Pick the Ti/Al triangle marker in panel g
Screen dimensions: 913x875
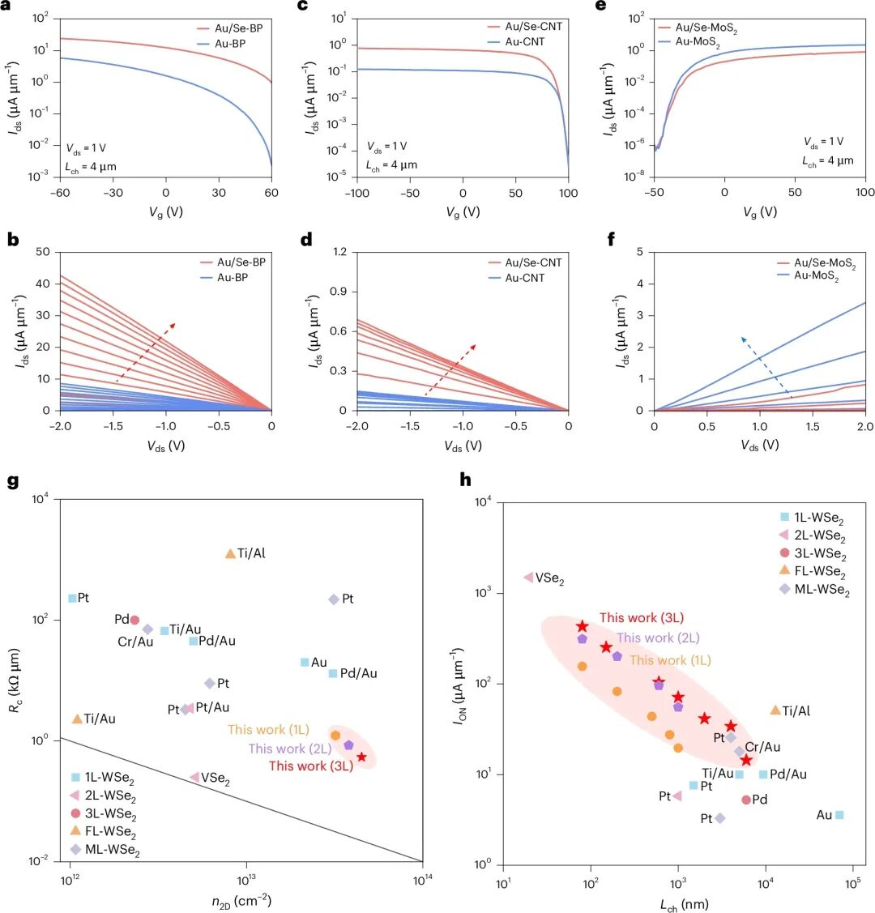pos(230,554)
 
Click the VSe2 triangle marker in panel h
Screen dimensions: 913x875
pos(528,578)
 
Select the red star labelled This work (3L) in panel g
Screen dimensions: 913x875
pos(361,757)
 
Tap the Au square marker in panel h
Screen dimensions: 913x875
pos(839,814)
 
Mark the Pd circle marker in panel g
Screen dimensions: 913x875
pos(134,620)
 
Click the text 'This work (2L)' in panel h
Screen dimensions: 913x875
pos(657,638)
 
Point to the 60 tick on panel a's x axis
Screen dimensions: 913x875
pos(271,193)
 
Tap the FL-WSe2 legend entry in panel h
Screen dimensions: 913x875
pos(814,573)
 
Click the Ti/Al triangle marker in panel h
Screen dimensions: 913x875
pos(775,710)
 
